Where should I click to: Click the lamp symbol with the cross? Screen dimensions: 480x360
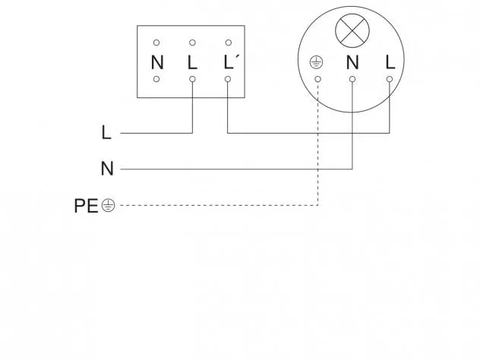352,30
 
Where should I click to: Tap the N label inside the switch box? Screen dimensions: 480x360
157,62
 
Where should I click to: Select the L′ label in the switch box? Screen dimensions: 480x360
229,62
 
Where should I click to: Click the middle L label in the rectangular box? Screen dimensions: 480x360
192,62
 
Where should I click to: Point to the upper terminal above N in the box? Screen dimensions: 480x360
156,43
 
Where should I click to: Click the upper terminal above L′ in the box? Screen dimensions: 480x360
229,43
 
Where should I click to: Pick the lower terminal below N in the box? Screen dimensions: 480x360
156,79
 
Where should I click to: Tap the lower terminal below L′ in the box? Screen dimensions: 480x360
228,79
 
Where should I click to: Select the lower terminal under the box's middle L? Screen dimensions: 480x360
192,79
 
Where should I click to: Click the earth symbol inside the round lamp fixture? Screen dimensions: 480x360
316,62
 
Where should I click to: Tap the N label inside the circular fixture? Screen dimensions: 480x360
352,62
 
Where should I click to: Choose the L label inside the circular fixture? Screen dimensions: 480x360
390,62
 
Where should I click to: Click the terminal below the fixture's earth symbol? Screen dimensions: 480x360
318,79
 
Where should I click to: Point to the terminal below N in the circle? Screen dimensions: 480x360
352,79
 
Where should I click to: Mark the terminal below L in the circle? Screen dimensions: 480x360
390,79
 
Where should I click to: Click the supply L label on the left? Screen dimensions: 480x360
106,133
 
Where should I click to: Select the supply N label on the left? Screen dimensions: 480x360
107,169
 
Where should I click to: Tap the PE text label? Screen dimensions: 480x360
86,206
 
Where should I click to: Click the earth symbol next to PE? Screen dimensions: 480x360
109,205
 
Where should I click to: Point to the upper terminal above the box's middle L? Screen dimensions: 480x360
192,43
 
